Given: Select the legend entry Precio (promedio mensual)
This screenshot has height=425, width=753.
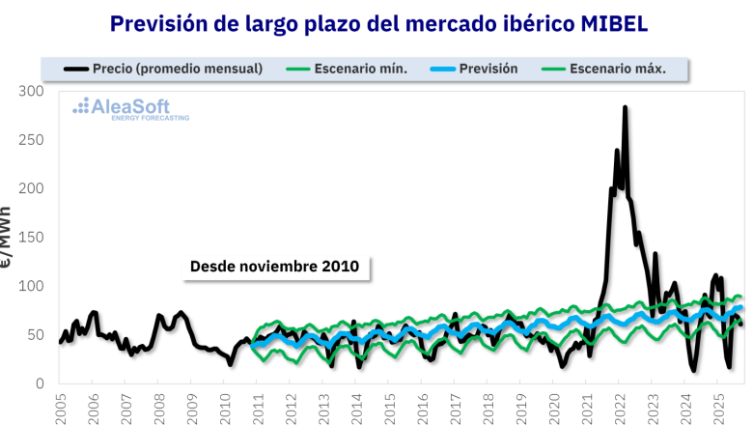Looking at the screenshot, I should (164, 69).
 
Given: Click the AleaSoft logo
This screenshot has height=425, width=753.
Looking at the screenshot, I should (131, 108).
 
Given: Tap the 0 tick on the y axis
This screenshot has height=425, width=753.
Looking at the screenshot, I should (41, 384).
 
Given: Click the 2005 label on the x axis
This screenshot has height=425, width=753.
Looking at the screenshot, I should (60, 407).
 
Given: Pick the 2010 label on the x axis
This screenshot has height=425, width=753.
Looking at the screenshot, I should (224, 407).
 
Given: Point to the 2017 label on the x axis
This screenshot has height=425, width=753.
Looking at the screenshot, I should (454, 407).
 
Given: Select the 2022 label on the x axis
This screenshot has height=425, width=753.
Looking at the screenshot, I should (618, 407).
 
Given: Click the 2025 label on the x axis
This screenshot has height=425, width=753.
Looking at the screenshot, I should (716, 407).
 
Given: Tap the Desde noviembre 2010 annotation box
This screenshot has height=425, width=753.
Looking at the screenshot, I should (274, 266).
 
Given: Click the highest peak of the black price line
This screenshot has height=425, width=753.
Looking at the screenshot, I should (625, 108).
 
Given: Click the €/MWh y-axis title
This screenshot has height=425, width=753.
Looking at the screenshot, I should (7, 238).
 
